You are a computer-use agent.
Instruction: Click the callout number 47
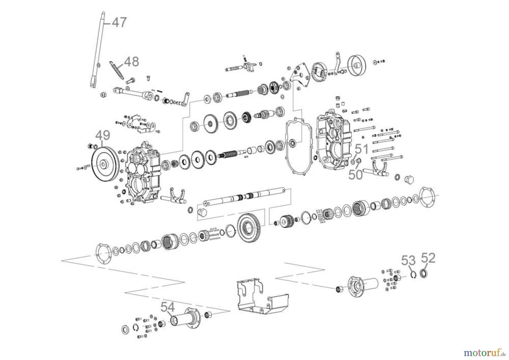coord(119,22)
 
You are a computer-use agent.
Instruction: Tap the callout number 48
coord(131,62)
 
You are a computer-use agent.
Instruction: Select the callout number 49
coord(103,136)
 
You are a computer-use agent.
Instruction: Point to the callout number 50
coord(355,175)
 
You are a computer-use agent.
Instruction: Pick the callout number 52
coord(428,258)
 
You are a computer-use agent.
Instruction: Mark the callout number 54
coord(168,307)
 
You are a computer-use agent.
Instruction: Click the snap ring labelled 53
coord(414,275)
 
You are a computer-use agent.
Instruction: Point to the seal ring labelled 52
coord(424,274)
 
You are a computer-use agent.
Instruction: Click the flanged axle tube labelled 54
coord(184,320)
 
